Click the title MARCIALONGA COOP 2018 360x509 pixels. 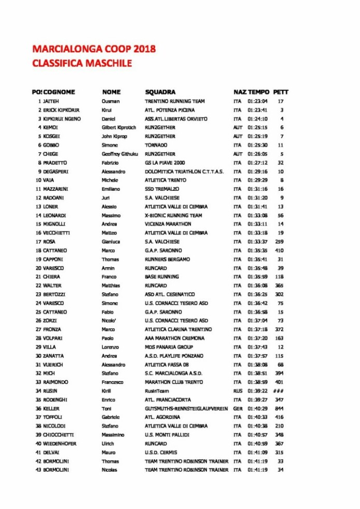(94, 50)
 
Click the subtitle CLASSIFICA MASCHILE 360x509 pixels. (82, 64)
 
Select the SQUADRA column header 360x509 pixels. (160, 92)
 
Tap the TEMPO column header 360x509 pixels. (259, 92)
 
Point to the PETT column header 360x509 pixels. (281, 92)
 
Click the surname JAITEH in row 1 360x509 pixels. (51, 101)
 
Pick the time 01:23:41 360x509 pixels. (257, 110)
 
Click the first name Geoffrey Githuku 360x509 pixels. (120, 154)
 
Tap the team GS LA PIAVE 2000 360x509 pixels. (165, 163)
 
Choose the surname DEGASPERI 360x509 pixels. (55, 172)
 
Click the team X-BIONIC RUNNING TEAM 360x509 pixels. (173, 216)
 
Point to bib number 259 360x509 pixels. (279, 242)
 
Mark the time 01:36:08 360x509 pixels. (257, 286)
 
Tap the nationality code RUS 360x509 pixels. (238, 392)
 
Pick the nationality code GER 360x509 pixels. (238, 409)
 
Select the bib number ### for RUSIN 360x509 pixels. (278, 392)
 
